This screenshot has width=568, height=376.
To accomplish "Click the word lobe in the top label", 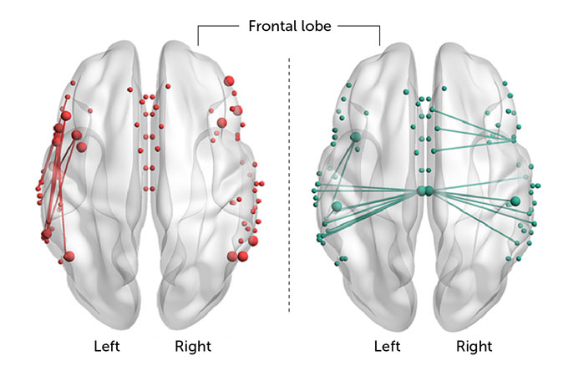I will click(314, 26).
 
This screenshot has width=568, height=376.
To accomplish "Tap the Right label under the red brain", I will click(193, 345).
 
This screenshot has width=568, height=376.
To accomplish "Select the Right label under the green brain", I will click(474, 345).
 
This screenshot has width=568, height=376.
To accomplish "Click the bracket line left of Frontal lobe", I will click(219, 26).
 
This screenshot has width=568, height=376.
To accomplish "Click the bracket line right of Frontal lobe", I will click(359, 26).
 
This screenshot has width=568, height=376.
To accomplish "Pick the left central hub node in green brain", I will click(422, 191).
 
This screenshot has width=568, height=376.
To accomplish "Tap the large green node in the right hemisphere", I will click(515, 201).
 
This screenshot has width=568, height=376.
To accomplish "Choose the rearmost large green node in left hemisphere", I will click(337, 206).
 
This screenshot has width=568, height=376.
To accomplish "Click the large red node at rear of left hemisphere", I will click(68, 256).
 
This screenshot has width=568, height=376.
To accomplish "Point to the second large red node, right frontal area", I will click(222, 123).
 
